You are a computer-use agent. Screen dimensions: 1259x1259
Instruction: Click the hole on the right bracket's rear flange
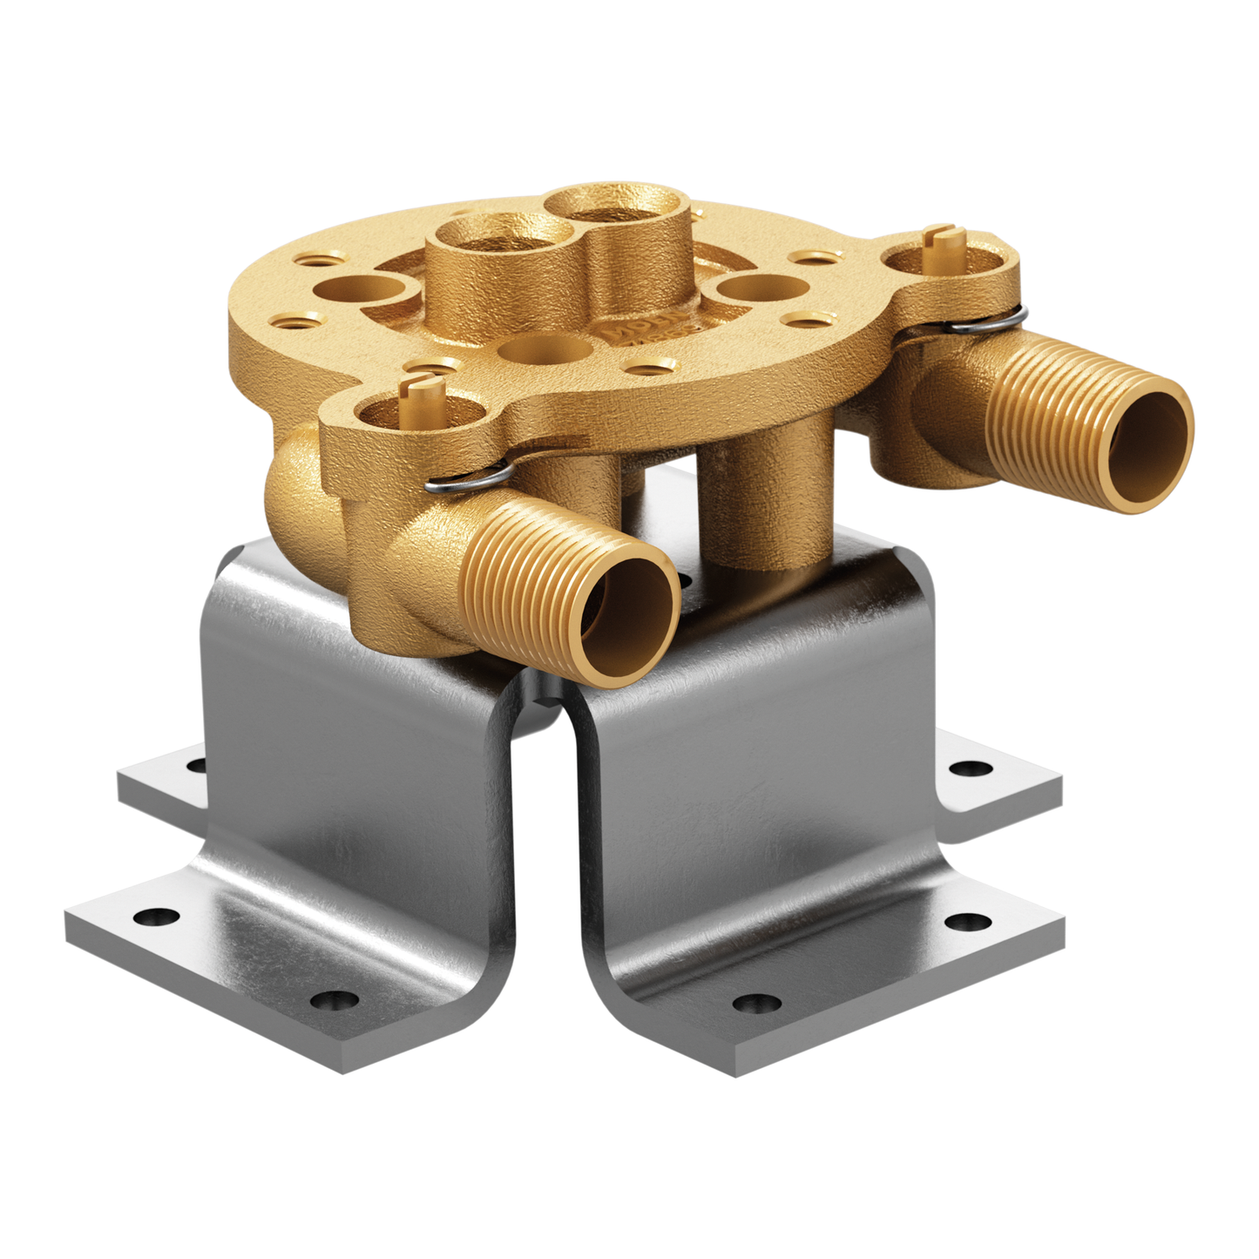point(970,768)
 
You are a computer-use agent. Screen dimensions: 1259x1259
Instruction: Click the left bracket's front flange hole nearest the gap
point(333,1000)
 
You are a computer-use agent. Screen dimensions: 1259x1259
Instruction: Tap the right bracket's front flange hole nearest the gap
point(755,1004)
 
